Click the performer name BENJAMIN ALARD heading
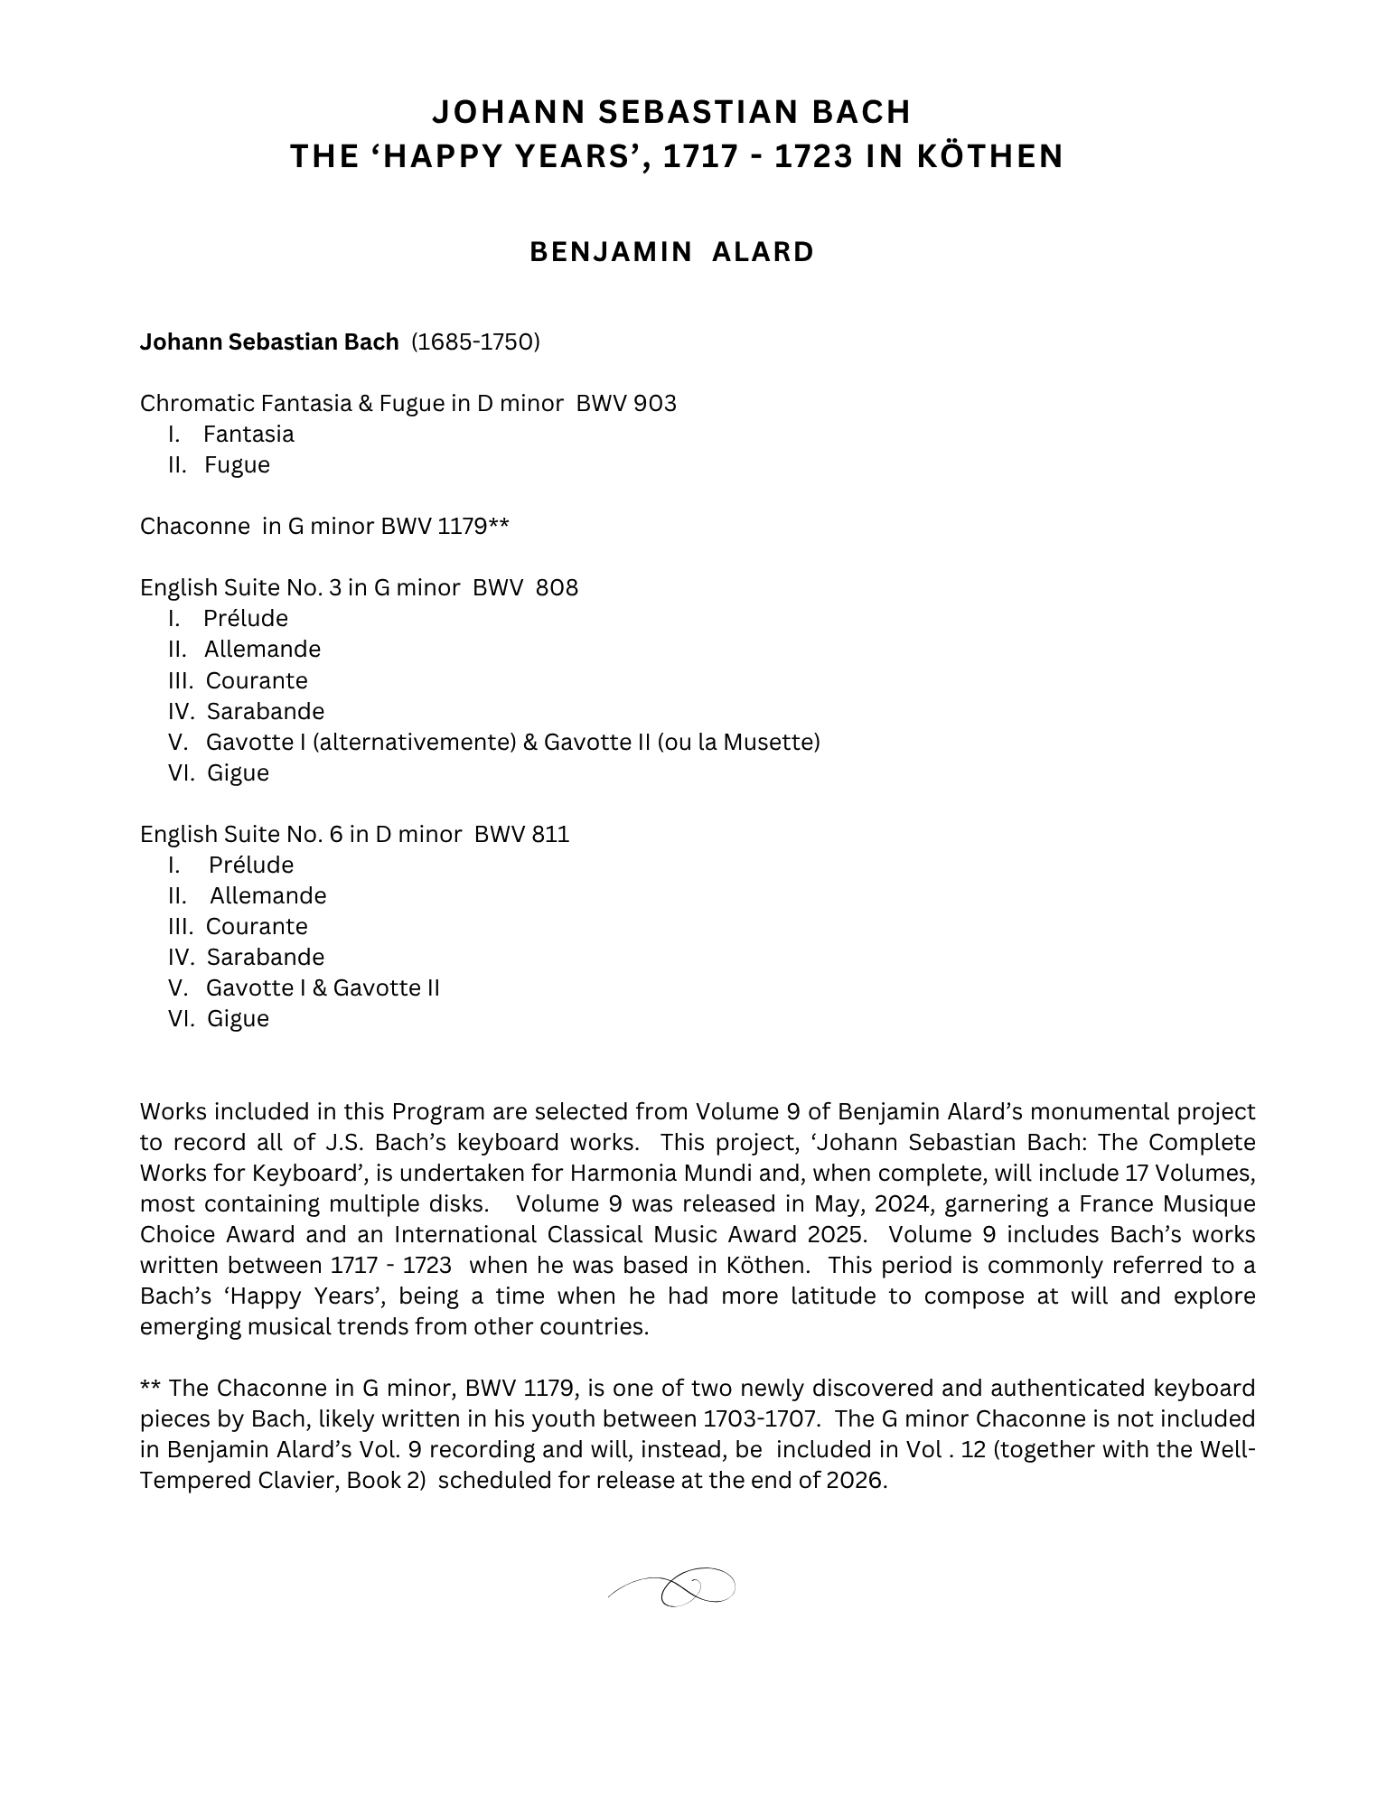[671, 251]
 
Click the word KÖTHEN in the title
[990, 156]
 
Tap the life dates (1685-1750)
[475, 342]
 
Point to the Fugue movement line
[237, 464]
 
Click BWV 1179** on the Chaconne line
[445, 526]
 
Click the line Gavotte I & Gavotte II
[323, 987]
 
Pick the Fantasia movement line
[248, 434]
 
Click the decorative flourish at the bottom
[673, 1586]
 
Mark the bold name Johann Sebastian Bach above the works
[269, 342]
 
